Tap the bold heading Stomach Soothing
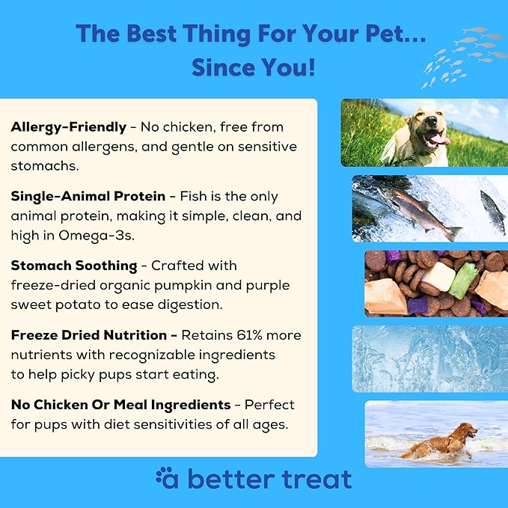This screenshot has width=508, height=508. click(73, 265)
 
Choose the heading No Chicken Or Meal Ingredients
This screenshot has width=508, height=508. click(120, 405)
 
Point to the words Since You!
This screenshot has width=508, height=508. click(253, 67)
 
